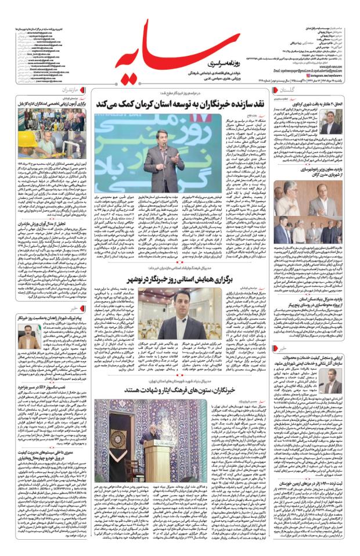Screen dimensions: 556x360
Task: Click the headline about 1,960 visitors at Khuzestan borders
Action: click(311, 499)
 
